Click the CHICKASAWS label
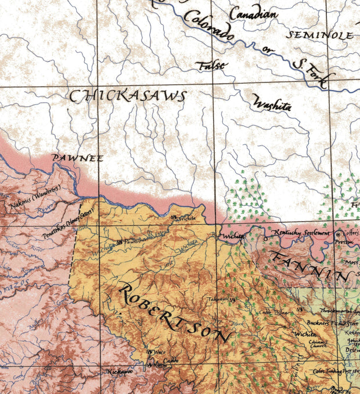click(128, 96)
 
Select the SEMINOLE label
click(321, 35)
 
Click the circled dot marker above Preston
click(340, 234)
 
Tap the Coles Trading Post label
click(334, 371)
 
